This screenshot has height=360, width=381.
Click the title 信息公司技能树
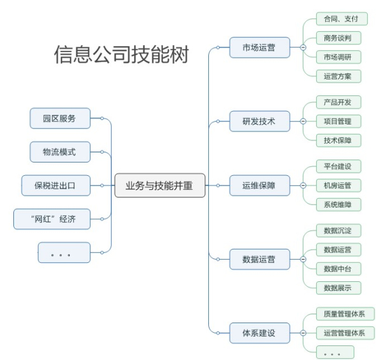(x=121, y=55)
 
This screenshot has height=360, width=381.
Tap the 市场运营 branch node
(x=259, y=48)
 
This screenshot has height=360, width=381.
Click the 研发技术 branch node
(x=259, y=121)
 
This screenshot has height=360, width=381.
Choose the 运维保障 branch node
(x=259, y=186)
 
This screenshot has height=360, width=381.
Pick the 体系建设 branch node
(x=259, y=332)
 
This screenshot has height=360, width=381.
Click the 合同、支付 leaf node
(x=342, y=19)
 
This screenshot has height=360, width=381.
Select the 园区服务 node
(x=59, y=118)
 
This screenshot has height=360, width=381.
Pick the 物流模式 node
(x=59, y=152)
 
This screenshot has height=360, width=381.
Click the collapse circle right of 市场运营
(x=302, y=48)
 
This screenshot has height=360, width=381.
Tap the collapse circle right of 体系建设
(x=302, y=332)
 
